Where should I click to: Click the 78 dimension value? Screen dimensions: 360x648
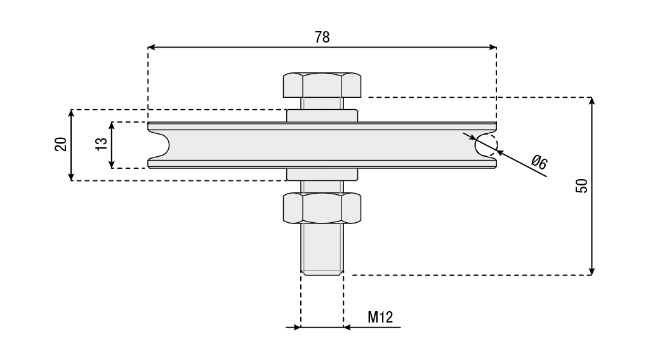click(x=322, y=37)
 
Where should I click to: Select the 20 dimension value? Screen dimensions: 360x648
click(x=61, y=145)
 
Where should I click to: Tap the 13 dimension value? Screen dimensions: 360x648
click(x=101, y=145)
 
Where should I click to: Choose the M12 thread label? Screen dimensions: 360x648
click(x=380, y=317)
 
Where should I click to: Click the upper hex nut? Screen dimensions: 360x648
click(x=322, y=84)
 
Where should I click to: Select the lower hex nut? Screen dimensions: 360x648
click(x=322, y=208)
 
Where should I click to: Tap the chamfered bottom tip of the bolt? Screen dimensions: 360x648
click(x=322, y=272)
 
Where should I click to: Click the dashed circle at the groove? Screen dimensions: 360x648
click(x=487, y=145)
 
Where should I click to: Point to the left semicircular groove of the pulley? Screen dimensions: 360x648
click(x=160, y=145)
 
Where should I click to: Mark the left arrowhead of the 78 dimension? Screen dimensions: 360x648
click(x=152, y=47)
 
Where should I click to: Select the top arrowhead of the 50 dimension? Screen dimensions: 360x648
click(x=592, y=102)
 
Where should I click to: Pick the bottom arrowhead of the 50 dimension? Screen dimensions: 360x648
click(x=592, y=271)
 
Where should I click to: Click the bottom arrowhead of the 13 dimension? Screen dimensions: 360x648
click(x=112, y=164)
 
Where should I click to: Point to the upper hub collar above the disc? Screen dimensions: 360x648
click(x=322, y=116)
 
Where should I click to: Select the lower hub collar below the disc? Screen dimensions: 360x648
click(x=322, y=174)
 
